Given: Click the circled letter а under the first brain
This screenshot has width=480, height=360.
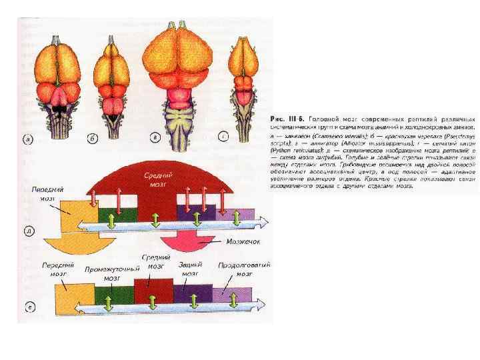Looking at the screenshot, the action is [29, 139].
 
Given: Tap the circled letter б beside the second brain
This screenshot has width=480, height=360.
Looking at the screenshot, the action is [93, 139].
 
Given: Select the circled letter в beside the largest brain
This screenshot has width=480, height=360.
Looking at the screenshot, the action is [155, 138].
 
